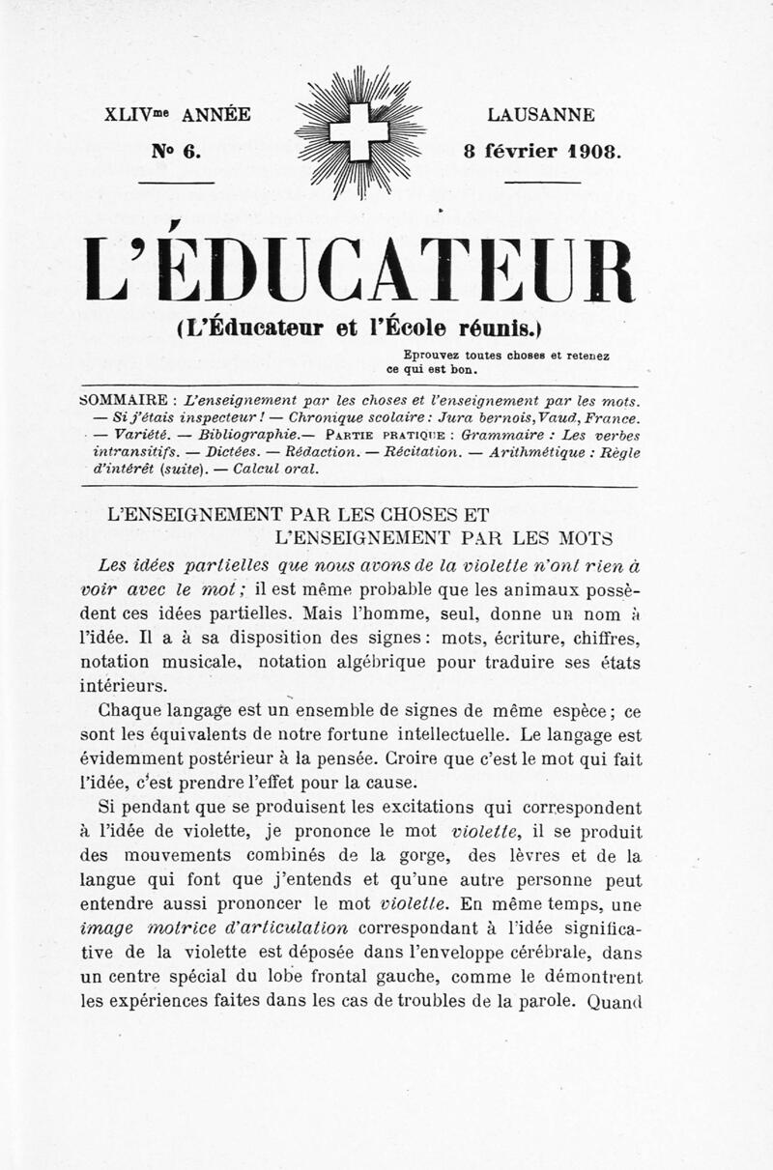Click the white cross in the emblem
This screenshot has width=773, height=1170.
pos(358,131)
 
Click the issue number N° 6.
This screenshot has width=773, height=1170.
pos(175,152)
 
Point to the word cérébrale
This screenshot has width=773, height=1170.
pos(540,952)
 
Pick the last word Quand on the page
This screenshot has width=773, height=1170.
pos(615,1002)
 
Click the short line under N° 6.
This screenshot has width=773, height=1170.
pos(176,181)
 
